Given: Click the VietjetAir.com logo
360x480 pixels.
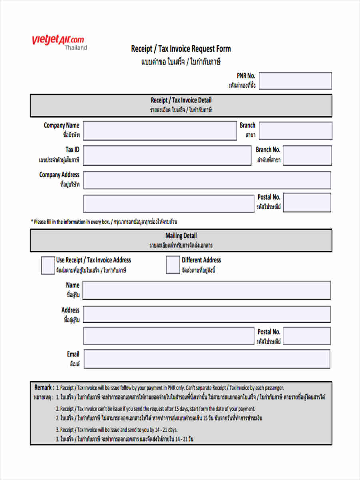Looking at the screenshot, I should tap(58, 40).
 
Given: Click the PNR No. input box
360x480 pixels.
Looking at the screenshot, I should tap(295, 81).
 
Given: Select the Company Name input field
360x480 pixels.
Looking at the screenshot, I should tap(160, 130).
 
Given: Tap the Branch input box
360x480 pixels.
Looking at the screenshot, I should tap(295, 130).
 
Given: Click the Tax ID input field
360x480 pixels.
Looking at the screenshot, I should tap(167, 155).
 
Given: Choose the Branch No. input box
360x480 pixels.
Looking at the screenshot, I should tap(307, 155).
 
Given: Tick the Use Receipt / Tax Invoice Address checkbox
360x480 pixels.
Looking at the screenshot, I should tap(48, 265).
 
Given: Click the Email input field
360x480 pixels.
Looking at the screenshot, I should tap(207, 359).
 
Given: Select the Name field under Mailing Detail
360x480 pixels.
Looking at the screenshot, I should tap(206, 290).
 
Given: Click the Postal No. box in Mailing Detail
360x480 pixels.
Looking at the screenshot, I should tap(307, 336).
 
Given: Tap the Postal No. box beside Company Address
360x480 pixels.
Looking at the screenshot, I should tap(307, 202).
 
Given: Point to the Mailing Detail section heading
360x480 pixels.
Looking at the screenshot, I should tap(181, 236).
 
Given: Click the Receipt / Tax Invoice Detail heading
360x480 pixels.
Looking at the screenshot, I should tap(181, 100).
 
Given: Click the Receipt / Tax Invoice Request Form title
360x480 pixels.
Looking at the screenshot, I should tap(181, 49).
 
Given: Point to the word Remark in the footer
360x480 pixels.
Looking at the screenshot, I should tap(43, 387).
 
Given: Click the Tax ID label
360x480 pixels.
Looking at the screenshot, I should tap(72, 150).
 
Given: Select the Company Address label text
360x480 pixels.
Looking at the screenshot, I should tap(59, 175).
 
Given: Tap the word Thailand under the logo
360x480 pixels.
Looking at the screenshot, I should tap(76, 48).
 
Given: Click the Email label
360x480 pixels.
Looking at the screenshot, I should tap(73, 354).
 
